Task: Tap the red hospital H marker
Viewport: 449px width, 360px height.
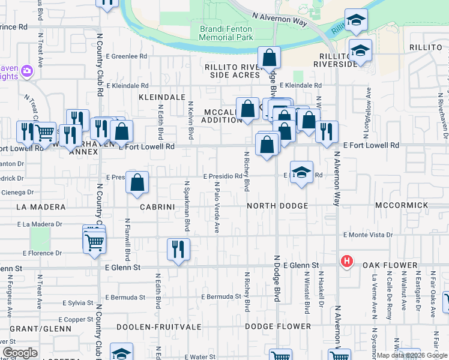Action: (346, 262)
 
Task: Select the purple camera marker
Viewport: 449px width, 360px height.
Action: (26, 72)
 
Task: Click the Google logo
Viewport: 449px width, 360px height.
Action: (20, 352)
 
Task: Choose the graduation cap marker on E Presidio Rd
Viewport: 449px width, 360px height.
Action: (301, 172)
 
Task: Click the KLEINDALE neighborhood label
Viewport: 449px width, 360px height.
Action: (162, 97)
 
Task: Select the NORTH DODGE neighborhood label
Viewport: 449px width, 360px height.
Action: (278, 206)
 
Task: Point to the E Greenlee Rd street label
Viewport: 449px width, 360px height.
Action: (127, 56)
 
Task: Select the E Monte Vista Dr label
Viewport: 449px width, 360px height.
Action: (367, 235)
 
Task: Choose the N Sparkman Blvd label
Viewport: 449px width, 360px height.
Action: (187, 206)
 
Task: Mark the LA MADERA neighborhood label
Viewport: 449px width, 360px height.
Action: (41, 207)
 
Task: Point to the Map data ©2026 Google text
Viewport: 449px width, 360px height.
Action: (412, 355)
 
